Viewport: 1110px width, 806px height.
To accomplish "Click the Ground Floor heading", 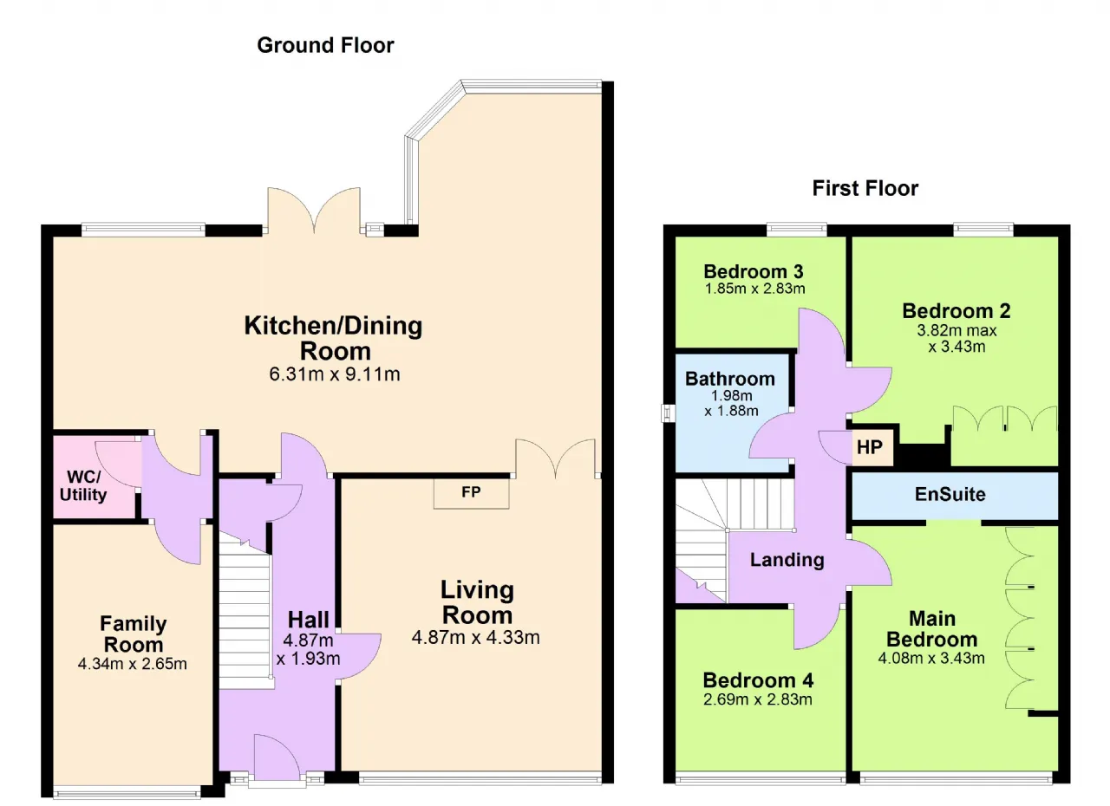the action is (x=325, y=46).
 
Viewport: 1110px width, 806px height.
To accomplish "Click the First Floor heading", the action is (x=865, y=189).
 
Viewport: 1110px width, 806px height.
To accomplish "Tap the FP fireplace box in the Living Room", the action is (x=471, y=493).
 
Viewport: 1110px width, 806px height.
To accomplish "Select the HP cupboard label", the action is (x=870, y=447).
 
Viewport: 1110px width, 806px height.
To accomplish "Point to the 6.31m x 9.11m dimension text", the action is (x=335, y=374).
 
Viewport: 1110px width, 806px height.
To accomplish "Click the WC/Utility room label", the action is (x=83, y=485).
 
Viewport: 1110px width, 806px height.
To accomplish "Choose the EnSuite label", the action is (x=950, y=494).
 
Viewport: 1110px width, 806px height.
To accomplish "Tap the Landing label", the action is (x=787, y=560).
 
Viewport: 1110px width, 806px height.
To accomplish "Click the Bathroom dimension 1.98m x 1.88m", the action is (x=731, y=403).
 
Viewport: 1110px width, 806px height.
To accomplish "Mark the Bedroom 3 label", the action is (x=754, y=271).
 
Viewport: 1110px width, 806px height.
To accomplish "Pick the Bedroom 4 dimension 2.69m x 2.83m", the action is (x=758, y=699).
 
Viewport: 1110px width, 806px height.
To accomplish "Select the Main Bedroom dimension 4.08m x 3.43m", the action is (x=931, y=658).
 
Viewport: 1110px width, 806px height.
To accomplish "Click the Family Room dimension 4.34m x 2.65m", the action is (x=133, y=664).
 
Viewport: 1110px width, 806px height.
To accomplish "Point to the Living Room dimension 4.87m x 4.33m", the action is (x=476, y=638).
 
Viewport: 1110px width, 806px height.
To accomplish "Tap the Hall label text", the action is (x=308, y=620).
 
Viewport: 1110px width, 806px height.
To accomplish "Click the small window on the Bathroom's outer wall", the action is (x=668, y=413).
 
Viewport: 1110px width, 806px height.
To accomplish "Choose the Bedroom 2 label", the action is (x=956, y=311).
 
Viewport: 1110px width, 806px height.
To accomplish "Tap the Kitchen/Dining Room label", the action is (x=334, y=339).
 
